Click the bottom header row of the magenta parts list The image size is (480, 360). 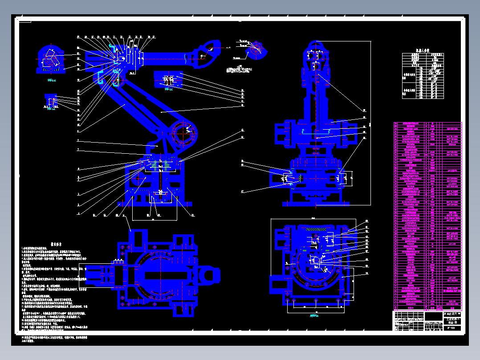[427, 307]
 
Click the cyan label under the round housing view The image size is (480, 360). [52, 81]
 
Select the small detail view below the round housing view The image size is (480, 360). [51, 101]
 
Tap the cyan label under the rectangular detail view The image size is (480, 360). [168, 89]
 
